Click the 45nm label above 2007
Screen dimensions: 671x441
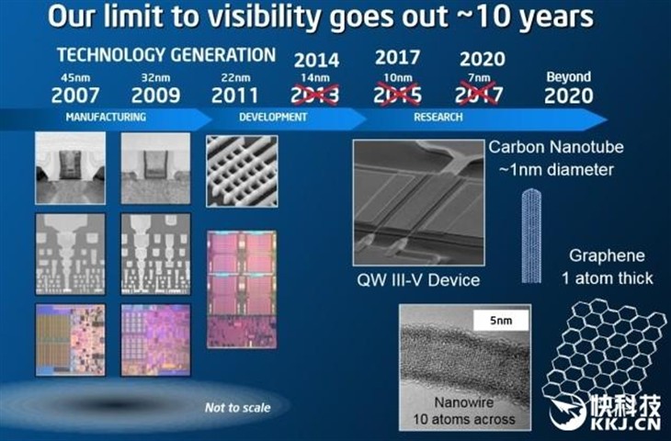pyautogui.click(x=75, y=78)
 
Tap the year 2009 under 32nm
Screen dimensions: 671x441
pyautogui.click(x=155, y=96)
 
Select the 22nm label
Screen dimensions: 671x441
pyautogui.click(x=236, y=78)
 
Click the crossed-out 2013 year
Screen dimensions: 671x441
pyautogui.click(x=315, y=95)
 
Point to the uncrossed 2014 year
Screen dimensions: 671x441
pyautogui.click(x=317, y=60)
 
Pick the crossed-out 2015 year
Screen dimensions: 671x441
pyautogui.click(x=398, y=95)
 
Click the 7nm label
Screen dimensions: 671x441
pyautogui.click(x=479, y=78)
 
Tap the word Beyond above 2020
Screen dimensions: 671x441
pyautogui.click(x=569, y=77)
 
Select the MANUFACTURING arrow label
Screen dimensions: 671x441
pyautogui.click(x=106, y=118)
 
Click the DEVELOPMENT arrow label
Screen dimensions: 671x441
pyautogui.click(x=273, y=118)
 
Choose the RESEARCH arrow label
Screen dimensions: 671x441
pyautogui.click(x=438, y=118)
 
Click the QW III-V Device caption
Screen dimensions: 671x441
pyautogui.click(x=418, y=280)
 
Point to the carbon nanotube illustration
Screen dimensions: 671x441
pyautogui.click(x=531, y=236)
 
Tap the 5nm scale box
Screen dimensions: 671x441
pyautogui.click(x=501, y=321)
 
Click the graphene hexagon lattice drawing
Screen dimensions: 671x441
pyautogui.click(x=604, y=352)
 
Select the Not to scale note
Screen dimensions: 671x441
pyautogui.click(x=237, y=408)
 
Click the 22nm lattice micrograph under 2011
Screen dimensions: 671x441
pyautogui.click(x=242, y=172)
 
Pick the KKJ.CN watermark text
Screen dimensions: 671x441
pyautogui.click(x=626, y=424)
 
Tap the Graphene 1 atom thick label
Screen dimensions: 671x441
pyautogui.click(x=608, y=267)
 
